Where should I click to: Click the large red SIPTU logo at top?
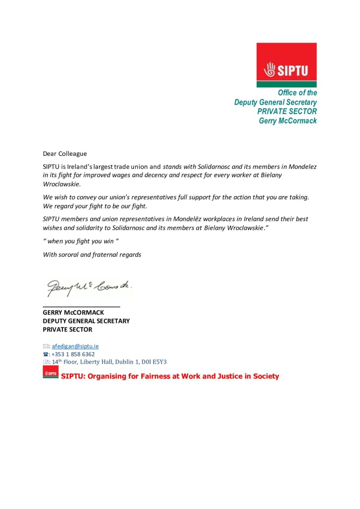(x=287, y=65)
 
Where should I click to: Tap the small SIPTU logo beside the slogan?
(x=50, y=372)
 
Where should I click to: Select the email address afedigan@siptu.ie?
(x=75, y=346)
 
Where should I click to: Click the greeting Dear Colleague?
(x=65, y=154)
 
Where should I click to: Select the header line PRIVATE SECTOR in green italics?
(x=287, y=111)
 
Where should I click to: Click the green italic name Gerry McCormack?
(x=288, y=120)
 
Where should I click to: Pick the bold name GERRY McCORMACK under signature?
(x=73, y=312)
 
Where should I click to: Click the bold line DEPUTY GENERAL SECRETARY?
(x=86, y=321)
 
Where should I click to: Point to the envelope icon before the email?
(x=46, y=346)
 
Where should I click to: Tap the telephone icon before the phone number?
(x=46, y=354)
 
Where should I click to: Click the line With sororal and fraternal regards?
(x=92, y=255)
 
